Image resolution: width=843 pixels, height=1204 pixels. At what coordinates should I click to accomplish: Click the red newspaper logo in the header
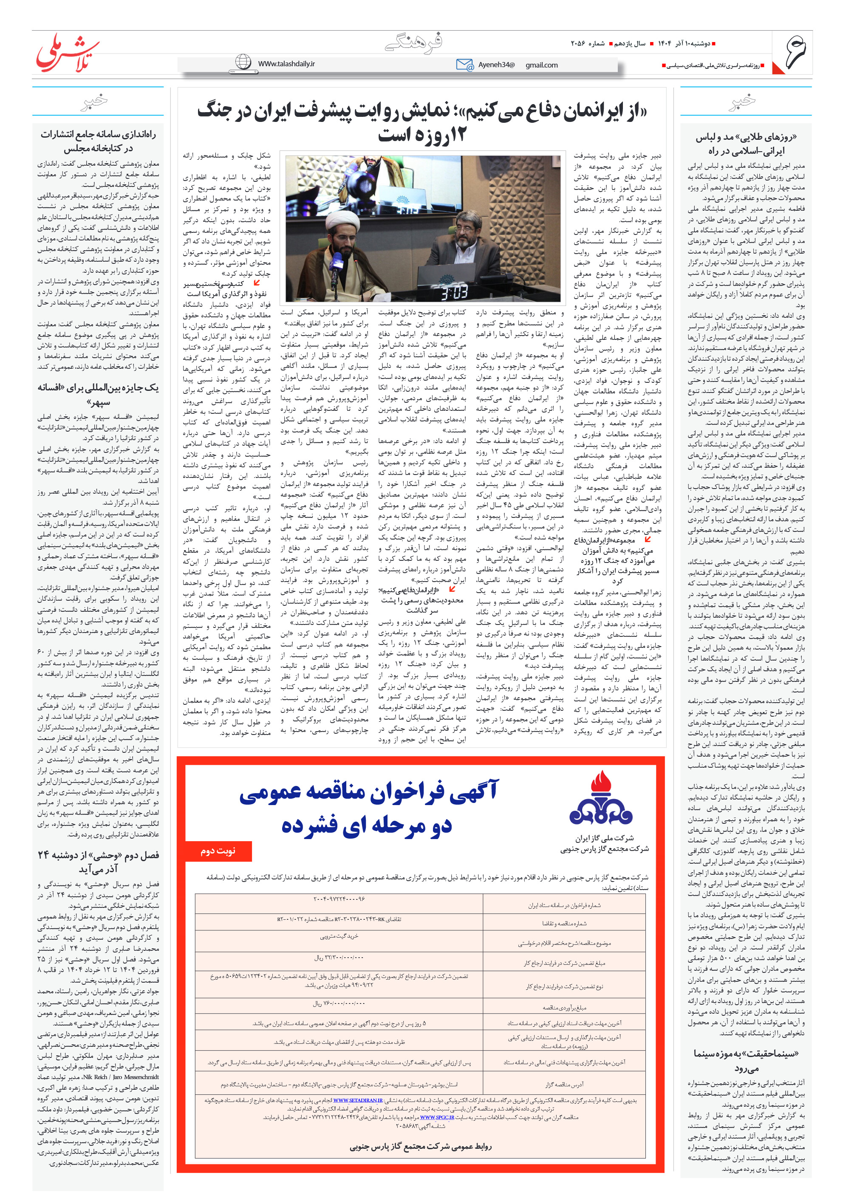pos(67,53)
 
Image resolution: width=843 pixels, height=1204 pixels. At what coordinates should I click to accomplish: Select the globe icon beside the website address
pos(243,62)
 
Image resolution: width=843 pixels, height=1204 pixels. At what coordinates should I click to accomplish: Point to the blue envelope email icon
pos(464,65)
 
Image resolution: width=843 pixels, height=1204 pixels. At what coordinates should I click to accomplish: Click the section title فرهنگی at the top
pos(413,42)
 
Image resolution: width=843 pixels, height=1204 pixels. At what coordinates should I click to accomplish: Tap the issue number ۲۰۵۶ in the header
pos(580,43)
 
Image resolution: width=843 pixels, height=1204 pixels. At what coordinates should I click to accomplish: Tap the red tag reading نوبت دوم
pos(219,851)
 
